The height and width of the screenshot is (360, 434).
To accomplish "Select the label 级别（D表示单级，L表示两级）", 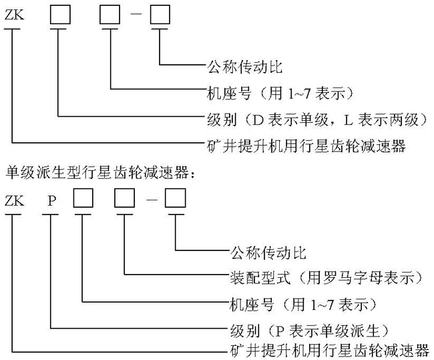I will [316, 120].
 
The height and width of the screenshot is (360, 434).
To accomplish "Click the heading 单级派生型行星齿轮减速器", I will [100, 173].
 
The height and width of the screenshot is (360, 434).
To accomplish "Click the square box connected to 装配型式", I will [125, 200].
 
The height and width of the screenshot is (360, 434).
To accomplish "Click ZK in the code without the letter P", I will [14, 15].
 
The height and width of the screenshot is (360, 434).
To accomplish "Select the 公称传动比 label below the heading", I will [267, 252].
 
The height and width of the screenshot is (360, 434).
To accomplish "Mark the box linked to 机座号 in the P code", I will [81, 200].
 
